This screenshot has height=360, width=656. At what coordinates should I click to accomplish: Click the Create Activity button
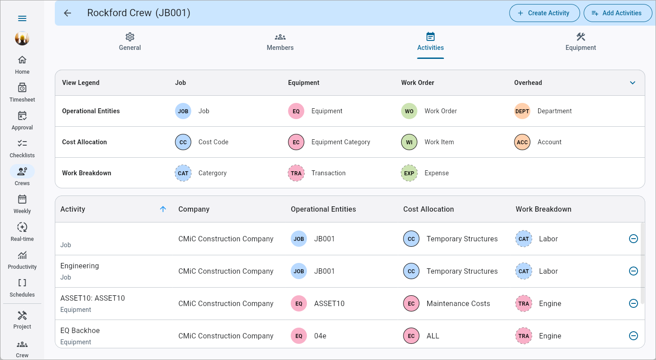coord(544,13)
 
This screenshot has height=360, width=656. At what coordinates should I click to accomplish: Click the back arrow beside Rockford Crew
coord(67,13)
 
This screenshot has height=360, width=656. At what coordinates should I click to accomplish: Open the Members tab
coord(280,42)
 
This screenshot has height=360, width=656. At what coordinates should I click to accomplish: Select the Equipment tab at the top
coord(581,42)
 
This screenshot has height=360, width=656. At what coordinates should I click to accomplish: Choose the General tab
coord(130,42)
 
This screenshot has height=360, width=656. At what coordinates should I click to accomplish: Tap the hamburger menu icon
coord(22,18)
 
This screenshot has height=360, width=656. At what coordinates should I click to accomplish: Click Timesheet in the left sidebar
coord(22,92)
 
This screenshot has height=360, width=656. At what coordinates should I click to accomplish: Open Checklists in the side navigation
coord(22,148)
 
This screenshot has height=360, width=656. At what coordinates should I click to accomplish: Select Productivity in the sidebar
coord(22,259)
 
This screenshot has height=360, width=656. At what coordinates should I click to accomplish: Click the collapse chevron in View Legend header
coord(633,83)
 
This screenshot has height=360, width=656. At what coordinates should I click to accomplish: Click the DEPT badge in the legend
coord(522,111)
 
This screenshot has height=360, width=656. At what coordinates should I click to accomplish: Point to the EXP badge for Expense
coord(409,173)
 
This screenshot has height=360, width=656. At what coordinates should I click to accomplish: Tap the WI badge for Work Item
coord(409,142)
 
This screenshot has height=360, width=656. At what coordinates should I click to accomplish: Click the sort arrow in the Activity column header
coord(163,209)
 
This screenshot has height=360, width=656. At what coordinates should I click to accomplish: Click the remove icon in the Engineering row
coord(634,271)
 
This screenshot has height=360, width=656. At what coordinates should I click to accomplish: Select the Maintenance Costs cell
coord(458,303)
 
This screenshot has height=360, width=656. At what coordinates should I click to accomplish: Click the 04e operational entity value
coord(320,336)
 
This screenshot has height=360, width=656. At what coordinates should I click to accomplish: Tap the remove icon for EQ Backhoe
coord(634,336)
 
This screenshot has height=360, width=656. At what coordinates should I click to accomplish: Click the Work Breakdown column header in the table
coord(543,209)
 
